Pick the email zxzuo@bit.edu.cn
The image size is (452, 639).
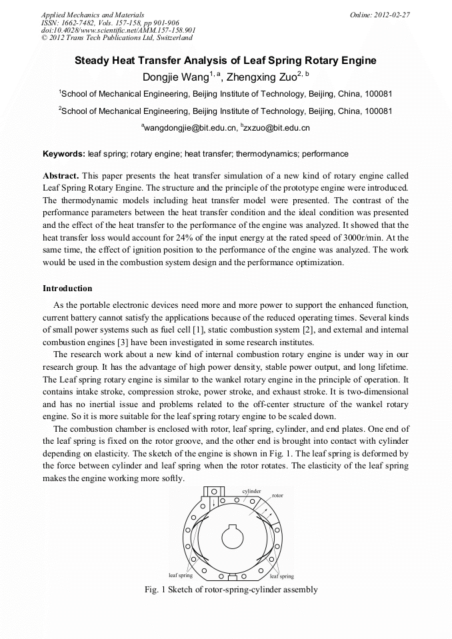click(x=276, y=127)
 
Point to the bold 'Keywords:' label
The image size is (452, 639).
click(x=64, y=154)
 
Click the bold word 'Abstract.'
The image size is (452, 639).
click(x=61, y=175)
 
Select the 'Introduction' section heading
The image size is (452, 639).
click(x=67, y=289)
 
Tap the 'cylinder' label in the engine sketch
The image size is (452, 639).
click(x=251, y=490)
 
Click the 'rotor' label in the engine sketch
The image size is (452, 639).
click(x=278, y=496)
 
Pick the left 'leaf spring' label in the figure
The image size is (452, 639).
click(x=180, y=574)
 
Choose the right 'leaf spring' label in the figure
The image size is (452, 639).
click(x=281, y=576)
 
